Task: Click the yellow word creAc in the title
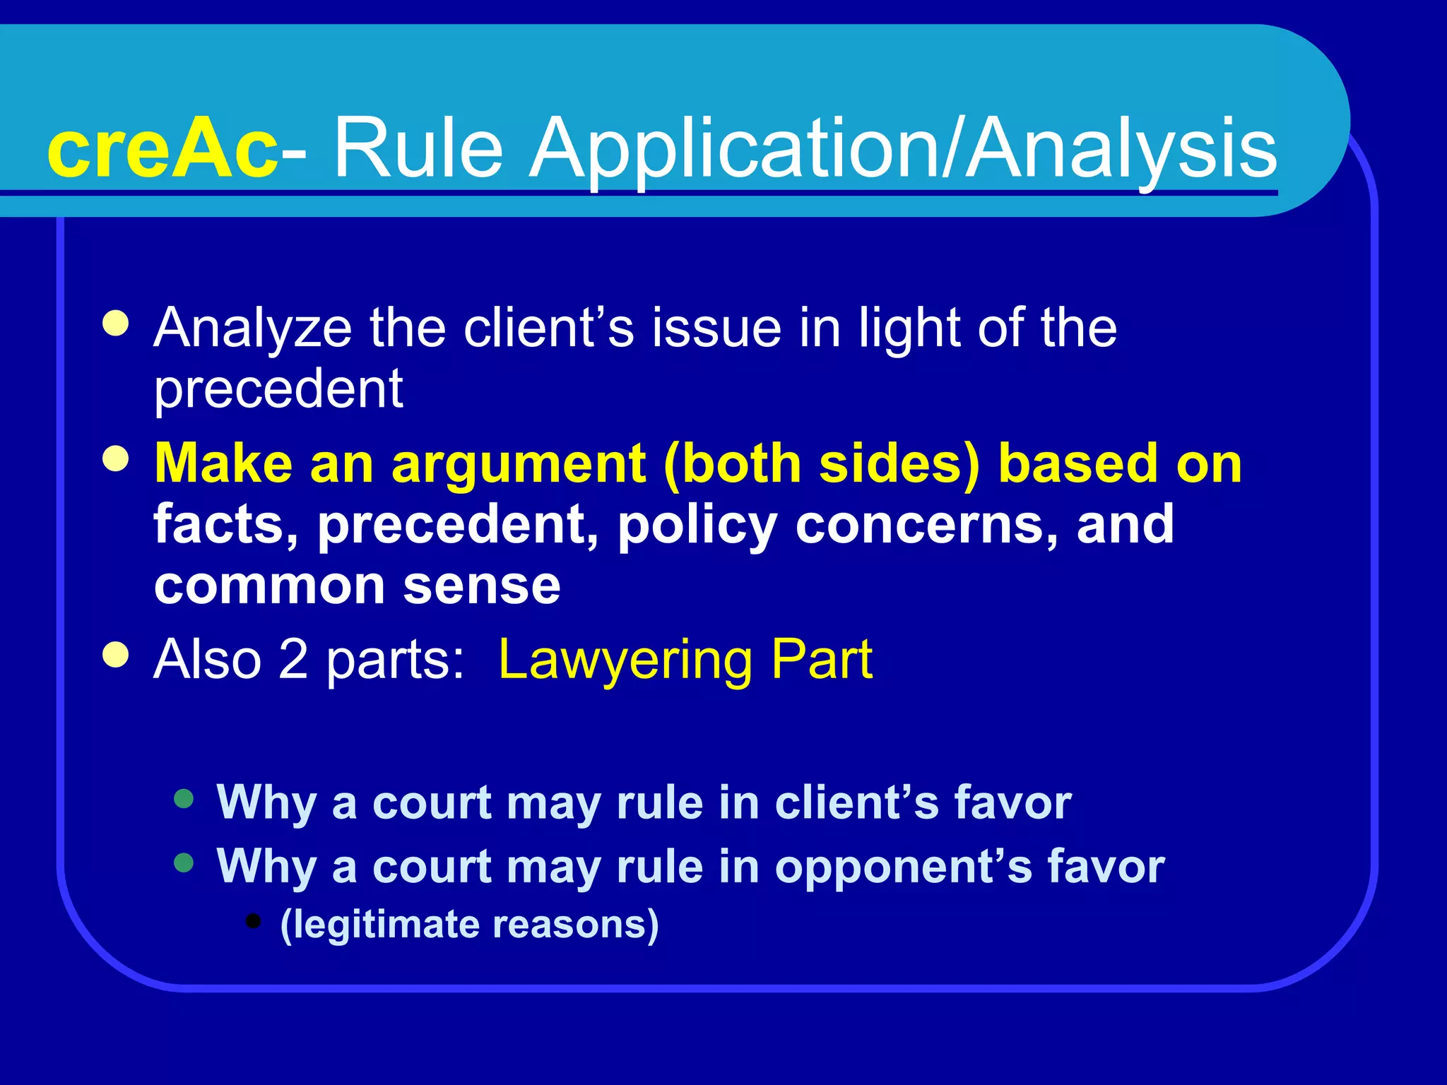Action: [x=163, y=148]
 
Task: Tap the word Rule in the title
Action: [x=418, y=148]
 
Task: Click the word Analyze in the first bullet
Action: [x=252, y=328]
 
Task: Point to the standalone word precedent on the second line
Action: [x=278, y=389]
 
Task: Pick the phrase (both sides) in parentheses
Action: [x=822, y=465]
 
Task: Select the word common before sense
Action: [x=269, y=586]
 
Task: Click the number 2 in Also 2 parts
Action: [x=293, y=659]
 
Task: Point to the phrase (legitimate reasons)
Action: [x=469, y=924]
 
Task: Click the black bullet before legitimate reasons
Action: [x=253, y=920]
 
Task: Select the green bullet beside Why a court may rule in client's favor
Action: [x=184, y=799]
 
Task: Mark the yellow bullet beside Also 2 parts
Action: [x=115, y=654]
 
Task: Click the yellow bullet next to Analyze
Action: [x=115, y=324]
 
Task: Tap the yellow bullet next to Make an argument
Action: [x=115, y=459]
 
